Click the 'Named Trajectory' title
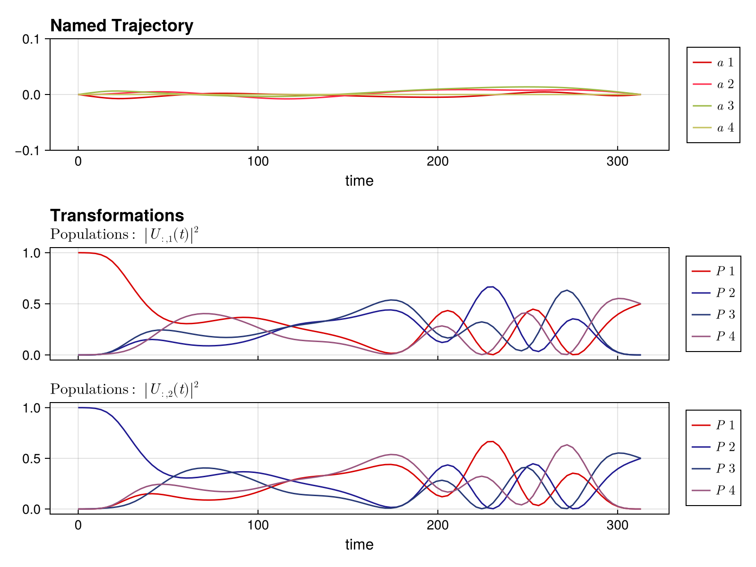point(121,26)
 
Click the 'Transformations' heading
point(117,215)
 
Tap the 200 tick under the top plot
point(438,162)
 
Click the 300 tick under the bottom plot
point(617,525)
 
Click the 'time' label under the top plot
point(359,181)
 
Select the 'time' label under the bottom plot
point(359,545)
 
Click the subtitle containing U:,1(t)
point(124,235)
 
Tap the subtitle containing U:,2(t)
point(124,390)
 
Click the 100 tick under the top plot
point(258,162)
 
